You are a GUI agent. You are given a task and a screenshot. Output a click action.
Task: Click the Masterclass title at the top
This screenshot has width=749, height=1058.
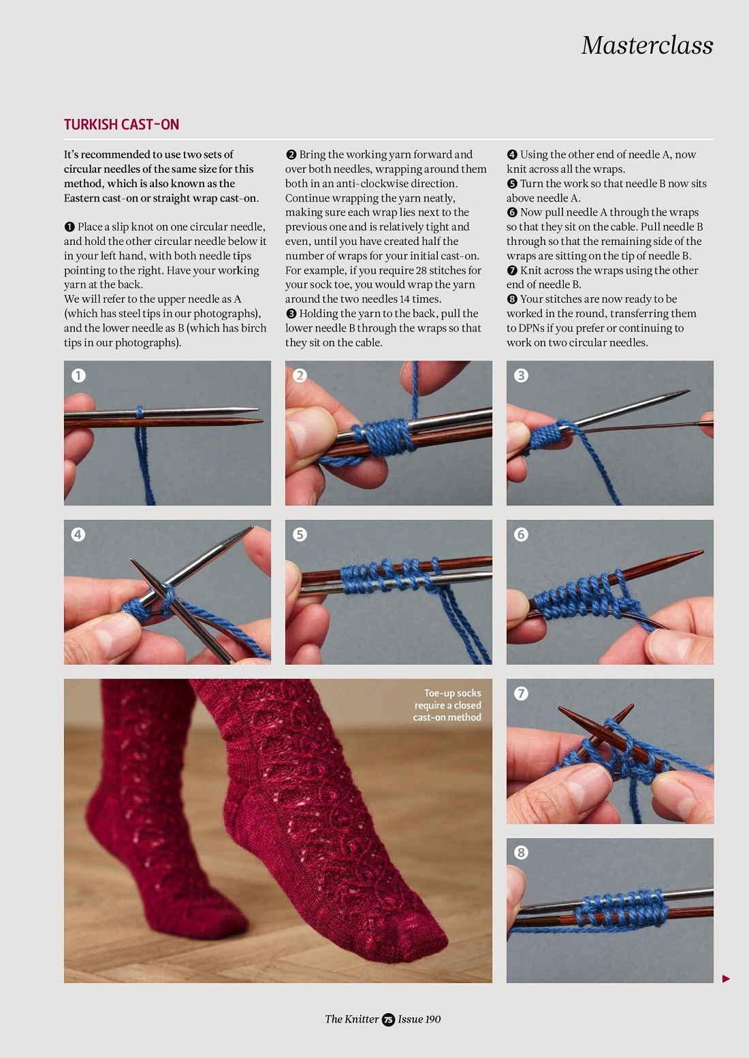point(647,46)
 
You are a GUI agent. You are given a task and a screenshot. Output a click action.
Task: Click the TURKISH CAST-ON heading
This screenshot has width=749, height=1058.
point(121,125)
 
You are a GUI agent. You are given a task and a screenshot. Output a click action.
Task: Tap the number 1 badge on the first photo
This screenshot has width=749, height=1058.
point(78,376)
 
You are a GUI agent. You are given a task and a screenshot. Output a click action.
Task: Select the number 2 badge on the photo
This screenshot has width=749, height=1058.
point(300,376)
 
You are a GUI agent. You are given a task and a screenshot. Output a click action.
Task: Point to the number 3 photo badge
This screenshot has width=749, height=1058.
point(521,376)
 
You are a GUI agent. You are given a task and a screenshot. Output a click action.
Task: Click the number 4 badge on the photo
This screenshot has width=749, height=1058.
point(78,535)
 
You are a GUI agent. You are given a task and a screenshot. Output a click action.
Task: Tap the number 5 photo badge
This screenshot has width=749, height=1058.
point(300,535)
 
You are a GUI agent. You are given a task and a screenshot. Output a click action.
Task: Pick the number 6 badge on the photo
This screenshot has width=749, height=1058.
point(521,535)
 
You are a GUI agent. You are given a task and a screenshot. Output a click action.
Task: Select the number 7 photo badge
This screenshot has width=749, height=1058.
point(521,693)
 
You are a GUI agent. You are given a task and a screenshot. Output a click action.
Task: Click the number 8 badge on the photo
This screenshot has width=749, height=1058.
point(521,853)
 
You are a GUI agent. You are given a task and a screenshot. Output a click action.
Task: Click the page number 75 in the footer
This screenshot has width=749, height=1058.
point(388,1019)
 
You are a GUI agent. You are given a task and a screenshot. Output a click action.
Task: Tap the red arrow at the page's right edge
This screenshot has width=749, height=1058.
point(727,979)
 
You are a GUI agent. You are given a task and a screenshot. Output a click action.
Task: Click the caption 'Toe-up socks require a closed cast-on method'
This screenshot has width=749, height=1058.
point(447,705)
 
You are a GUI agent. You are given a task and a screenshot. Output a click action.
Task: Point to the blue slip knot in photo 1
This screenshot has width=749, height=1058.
point(140,412)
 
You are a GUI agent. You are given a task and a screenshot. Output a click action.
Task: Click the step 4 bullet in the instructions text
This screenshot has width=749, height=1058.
point(512,154)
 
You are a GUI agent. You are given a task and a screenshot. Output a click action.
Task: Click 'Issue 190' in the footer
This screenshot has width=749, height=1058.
point(419,1019)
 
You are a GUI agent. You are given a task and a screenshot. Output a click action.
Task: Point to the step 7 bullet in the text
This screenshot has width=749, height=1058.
point(512,271)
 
